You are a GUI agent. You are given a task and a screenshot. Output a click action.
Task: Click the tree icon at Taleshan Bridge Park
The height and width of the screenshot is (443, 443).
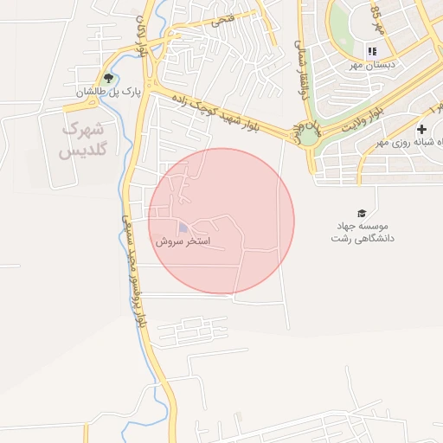(108, 79)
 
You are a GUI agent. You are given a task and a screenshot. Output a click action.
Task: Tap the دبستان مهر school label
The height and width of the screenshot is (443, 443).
(372, 65)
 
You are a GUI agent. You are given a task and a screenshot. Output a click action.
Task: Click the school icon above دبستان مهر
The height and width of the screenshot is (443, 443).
(372, 51)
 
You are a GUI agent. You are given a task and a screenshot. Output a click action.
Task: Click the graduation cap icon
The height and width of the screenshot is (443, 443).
(361, 213)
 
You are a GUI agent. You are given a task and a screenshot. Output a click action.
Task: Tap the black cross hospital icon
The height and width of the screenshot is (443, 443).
(421, 129)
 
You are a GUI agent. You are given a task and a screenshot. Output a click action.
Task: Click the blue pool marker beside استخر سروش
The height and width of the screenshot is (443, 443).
(182, 228)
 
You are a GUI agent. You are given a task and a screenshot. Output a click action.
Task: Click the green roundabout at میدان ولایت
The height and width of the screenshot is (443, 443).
(308, 136)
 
